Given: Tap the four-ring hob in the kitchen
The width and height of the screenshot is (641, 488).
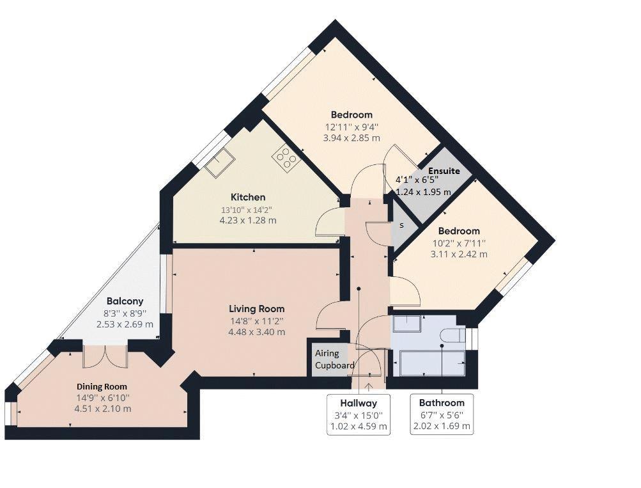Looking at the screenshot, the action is pyautogui.click(x=286, y=158).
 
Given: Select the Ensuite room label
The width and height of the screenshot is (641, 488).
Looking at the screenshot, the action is pyautogui.click(x=444, y=171).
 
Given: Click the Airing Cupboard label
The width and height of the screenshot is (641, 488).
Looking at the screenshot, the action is pyautogui.click(x=334, y=359).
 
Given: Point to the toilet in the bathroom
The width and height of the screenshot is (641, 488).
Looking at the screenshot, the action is pyautogui.click(x=454, y=335).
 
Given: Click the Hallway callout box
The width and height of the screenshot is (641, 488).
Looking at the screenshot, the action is pyautogui.click(x=359, y=414).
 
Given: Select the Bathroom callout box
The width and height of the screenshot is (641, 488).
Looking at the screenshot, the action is pyautogui.click(x=442, y=414).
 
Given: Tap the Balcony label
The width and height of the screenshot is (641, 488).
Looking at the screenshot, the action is pyautogui.click(x=125, y=301).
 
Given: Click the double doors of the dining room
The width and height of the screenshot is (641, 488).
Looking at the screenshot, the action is pyautogui.click(x=105, y=357).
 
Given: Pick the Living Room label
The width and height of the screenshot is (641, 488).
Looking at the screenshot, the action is pyautogui.click(x=257, y=309).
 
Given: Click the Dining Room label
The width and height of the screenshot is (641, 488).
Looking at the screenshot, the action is pyautogui.click(x=102, y=386).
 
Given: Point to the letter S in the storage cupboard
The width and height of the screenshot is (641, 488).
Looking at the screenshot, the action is pyautogui.click(x=401, y=225).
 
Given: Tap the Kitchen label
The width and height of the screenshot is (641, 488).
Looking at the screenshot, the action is pyautogui.click(x=248, y=197).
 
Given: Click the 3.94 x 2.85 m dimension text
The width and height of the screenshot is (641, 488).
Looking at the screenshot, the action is pyautogui.click(x=351, y=138).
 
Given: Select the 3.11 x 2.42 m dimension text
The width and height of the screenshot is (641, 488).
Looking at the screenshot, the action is pyautogui.click(x=459, y=254).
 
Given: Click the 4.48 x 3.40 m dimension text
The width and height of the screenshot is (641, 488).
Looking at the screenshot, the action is pyautogui.click(x=257, y=332).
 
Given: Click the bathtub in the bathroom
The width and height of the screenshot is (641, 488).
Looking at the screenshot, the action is pyautogui.click(x=433, y=363).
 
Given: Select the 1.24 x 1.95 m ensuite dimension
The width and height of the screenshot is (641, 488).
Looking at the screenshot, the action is pyautogui.click(x=423, y=191).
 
